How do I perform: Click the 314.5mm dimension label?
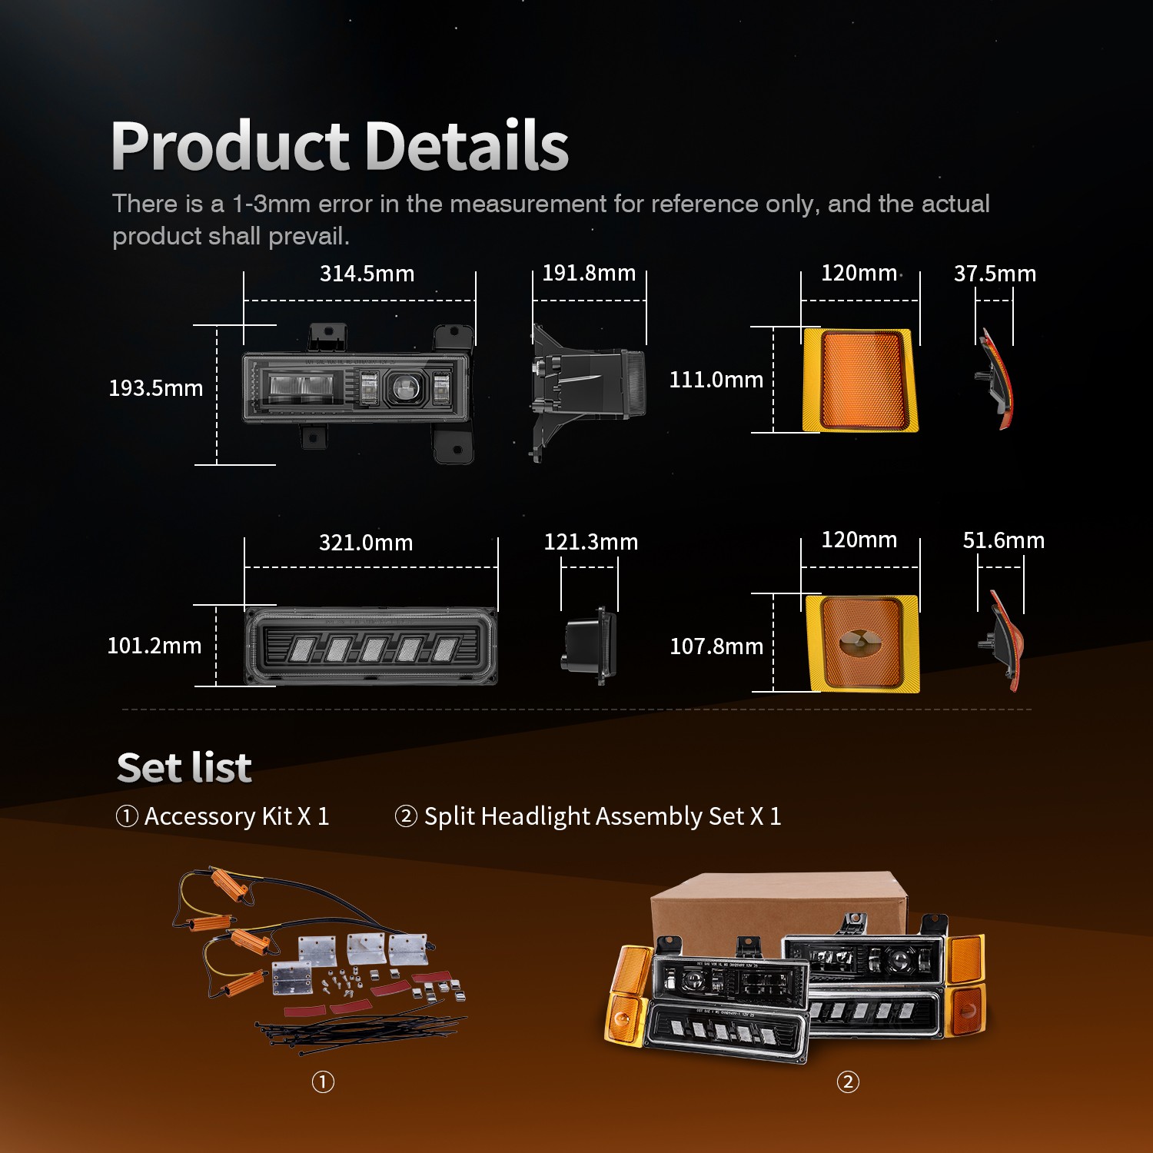click(367, 274)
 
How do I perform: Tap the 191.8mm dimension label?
click(589, 273)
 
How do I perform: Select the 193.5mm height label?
click(156, 388)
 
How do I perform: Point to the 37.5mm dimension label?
click(995, 274)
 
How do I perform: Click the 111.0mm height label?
click(716, 380)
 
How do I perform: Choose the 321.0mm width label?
click(366, 543)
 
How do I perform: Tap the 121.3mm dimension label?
click(591, 542)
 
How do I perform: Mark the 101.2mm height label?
click(155, 646)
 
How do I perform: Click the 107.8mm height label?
click(716, 646)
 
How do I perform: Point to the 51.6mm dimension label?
click(1004, 540)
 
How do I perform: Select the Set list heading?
click(184, 767)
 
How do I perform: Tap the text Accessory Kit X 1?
click(237, 816)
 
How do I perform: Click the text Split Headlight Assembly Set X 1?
click(603, 816)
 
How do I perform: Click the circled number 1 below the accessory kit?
click(323, 1082)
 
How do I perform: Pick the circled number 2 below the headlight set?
click(848, 1082)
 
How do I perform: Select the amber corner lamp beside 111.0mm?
click(860, 380)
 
